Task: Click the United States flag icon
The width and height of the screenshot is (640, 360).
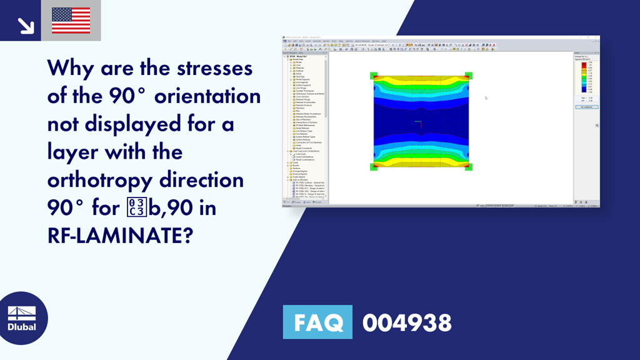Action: (71, 21)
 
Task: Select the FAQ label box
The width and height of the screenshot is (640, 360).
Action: (317, 322)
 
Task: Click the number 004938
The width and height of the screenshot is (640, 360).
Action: (407, 322)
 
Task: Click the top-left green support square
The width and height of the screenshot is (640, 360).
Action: (374, 76)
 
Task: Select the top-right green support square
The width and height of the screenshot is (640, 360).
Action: (469, 76)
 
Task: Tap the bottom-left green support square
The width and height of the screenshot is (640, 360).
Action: (374, 167)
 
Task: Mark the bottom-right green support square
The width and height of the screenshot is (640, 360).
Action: (469, 167)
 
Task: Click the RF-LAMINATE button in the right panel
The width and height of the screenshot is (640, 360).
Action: (586, 107)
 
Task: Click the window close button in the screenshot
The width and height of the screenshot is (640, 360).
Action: (597, 39)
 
